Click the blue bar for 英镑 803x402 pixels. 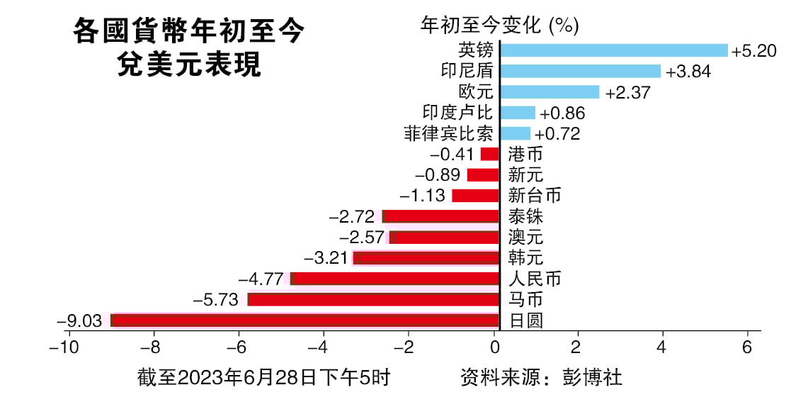pyautogui.click(x=613, y=50)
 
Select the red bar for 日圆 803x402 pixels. pyautogui.click(x=305, y=320)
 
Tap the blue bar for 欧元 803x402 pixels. pyautogui.click(x=549, y=92)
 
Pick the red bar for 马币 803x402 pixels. pyautogui.click(x=373, y=300)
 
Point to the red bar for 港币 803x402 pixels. pyautogui.click(x=490, y=154)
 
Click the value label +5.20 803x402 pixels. pyautogui.click(x=754, y=51)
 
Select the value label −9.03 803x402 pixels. pyautogui.click(x=79, y=321)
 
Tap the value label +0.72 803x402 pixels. pyautogui.click(x=557, y=133)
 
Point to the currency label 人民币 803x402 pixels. pyautogui.click(x=535, y=279)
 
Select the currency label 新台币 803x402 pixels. pyautogui.click(x=535, y=196)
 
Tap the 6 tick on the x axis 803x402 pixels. pyautogui.click(x=746, y=348)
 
